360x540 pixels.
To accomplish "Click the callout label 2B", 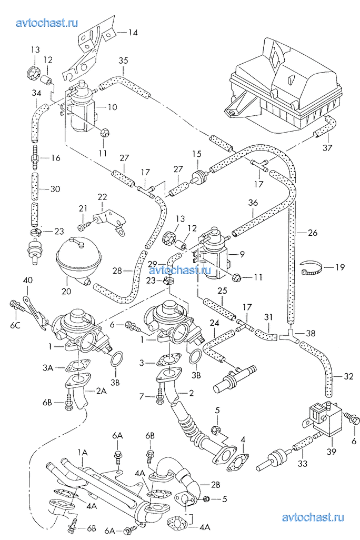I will click(216, 483).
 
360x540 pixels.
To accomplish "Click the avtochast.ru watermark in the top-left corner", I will click(47, 23).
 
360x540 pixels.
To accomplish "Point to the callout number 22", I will click(102, 196).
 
